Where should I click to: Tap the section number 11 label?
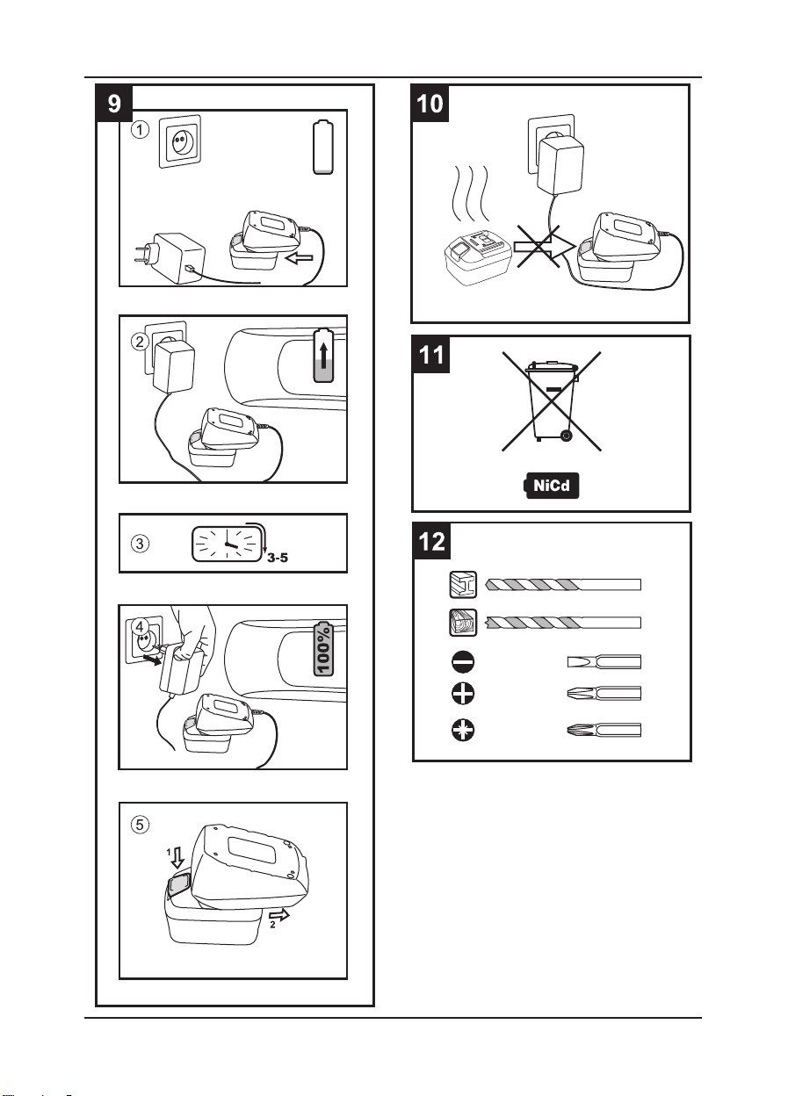432,355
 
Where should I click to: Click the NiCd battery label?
550,485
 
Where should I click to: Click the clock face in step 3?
227,544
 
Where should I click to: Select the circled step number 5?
141,825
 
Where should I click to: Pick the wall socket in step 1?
180,141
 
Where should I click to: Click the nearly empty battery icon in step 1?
323,150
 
